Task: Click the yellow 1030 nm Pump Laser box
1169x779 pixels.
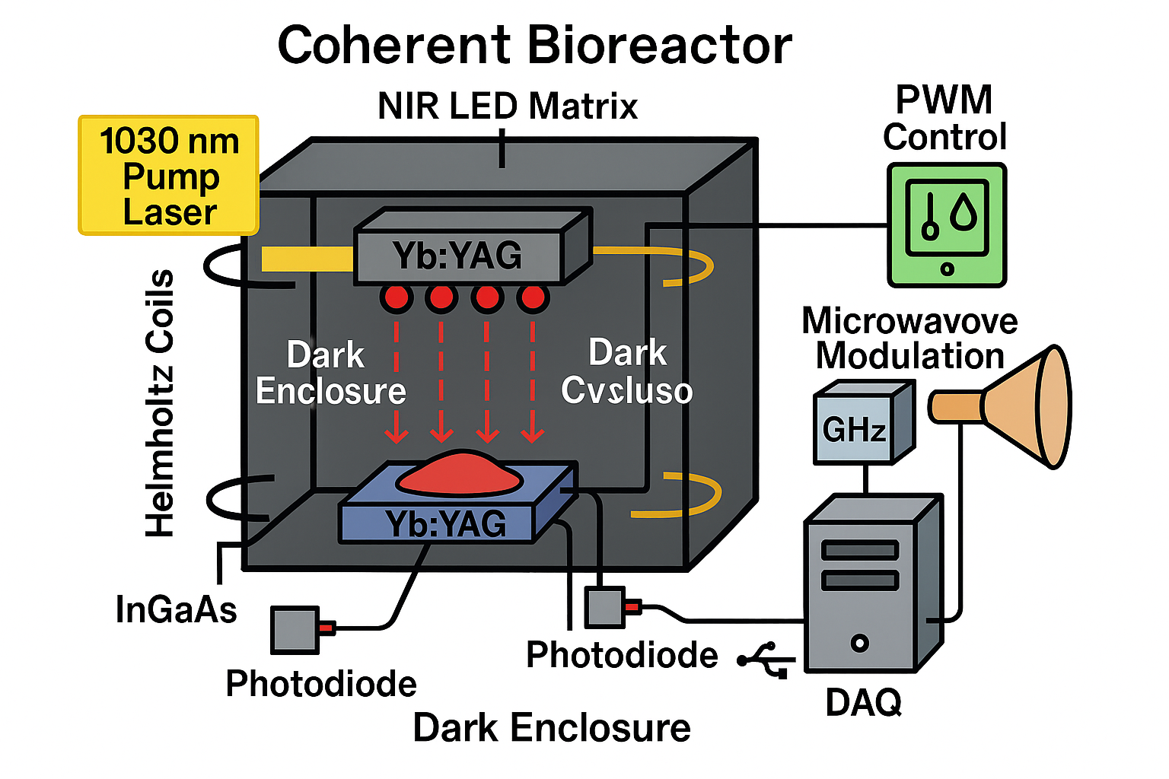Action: (x=169, y=175)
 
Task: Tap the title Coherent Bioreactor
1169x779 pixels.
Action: (x=534, y=46)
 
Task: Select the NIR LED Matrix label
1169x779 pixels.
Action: (x=508, y=107)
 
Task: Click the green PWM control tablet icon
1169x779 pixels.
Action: (x=947, y=224)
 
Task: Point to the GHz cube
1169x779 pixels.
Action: (x=854, y=429)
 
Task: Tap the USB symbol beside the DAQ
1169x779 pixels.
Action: (x=766, y=658)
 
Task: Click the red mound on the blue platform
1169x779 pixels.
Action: (x=459, y=473)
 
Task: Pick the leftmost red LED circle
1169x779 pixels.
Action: (x=397, y=297)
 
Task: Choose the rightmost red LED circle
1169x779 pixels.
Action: (x=533, y=297)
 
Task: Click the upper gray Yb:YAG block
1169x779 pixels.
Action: (x=458, y=256)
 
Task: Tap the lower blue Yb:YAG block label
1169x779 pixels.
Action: (x=446, y=524)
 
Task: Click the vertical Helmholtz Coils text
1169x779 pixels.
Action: (x=161, y=403)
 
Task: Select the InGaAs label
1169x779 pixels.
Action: (x=177, y=610)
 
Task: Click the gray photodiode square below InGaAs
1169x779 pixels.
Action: (x=295, y=629)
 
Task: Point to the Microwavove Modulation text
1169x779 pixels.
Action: (x=910, y=339)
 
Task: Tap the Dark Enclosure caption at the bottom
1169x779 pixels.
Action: (x=552, y=728)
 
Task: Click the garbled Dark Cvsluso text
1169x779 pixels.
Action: (x=627, y=373)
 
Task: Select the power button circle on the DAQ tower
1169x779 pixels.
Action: (x=860, y=644)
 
